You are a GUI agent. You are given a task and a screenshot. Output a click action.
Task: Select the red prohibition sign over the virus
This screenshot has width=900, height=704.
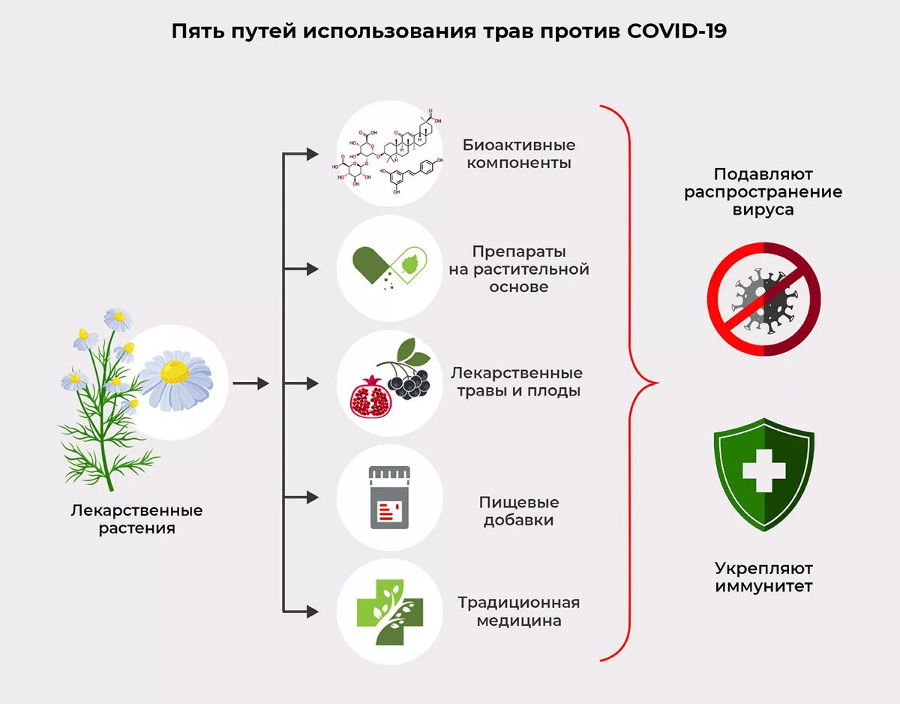(x=763, y=299)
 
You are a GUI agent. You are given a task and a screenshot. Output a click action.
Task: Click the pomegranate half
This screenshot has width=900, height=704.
(x=371, y=399)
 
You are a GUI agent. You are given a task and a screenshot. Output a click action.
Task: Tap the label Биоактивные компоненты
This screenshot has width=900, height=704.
(x=518, y=153)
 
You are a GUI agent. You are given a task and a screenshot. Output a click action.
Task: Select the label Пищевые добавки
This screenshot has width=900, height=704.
(x=518, y=511)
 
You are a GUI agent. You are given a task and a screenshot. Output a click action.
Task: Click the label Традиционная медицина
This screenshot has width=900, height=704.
(x=518, y=612)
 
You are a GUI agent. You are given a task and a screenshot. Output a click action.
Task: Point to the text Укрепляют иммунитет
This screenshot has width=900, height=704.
(x=763, y=577)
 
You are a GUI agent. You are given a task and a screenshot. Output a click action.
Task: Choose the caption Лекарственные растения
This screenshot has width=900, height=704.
(x=136, y=519)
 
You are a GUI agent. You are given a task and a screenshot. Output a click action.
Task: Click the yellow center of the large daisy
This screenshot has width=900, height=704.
(x=176, y=372)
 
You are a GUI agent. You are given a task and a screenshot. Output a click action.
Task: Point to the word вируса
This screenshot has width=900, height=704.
(x=763, y=210)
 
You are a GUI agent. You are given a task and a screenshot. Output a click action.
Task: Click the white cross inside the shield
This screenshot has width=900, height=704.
(x=763, y=471)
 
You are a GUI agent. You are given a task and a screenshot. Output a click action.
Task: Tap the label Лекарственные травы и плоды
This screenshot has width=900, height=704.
(x=517, y=381)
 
